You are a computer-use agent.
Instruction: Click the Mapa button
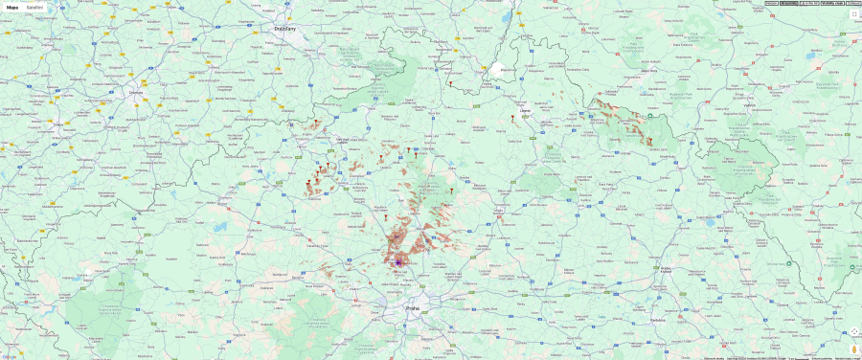tap(12, 7)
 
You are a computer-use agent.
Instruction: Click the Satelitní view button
tap(34, 7)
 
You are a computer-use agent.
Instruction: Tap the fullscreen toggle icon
tap(854, 14)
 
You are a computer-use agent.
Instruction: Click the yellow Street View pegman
tap(854, 349)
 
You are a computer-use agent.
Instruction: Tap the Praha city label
tap(413, 309)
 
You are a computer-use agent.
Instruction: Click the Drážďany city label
tap(284, 29)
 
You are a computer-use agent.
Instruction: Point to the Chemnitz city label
tap(133, 92)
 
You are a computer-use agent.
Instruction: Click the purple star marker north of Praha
tap(397, 261)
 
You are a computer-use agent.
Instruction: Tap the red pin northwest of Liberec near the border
tap(449, 84)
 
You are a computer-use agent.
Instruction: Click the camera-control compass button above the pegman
tap(854, 332)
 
